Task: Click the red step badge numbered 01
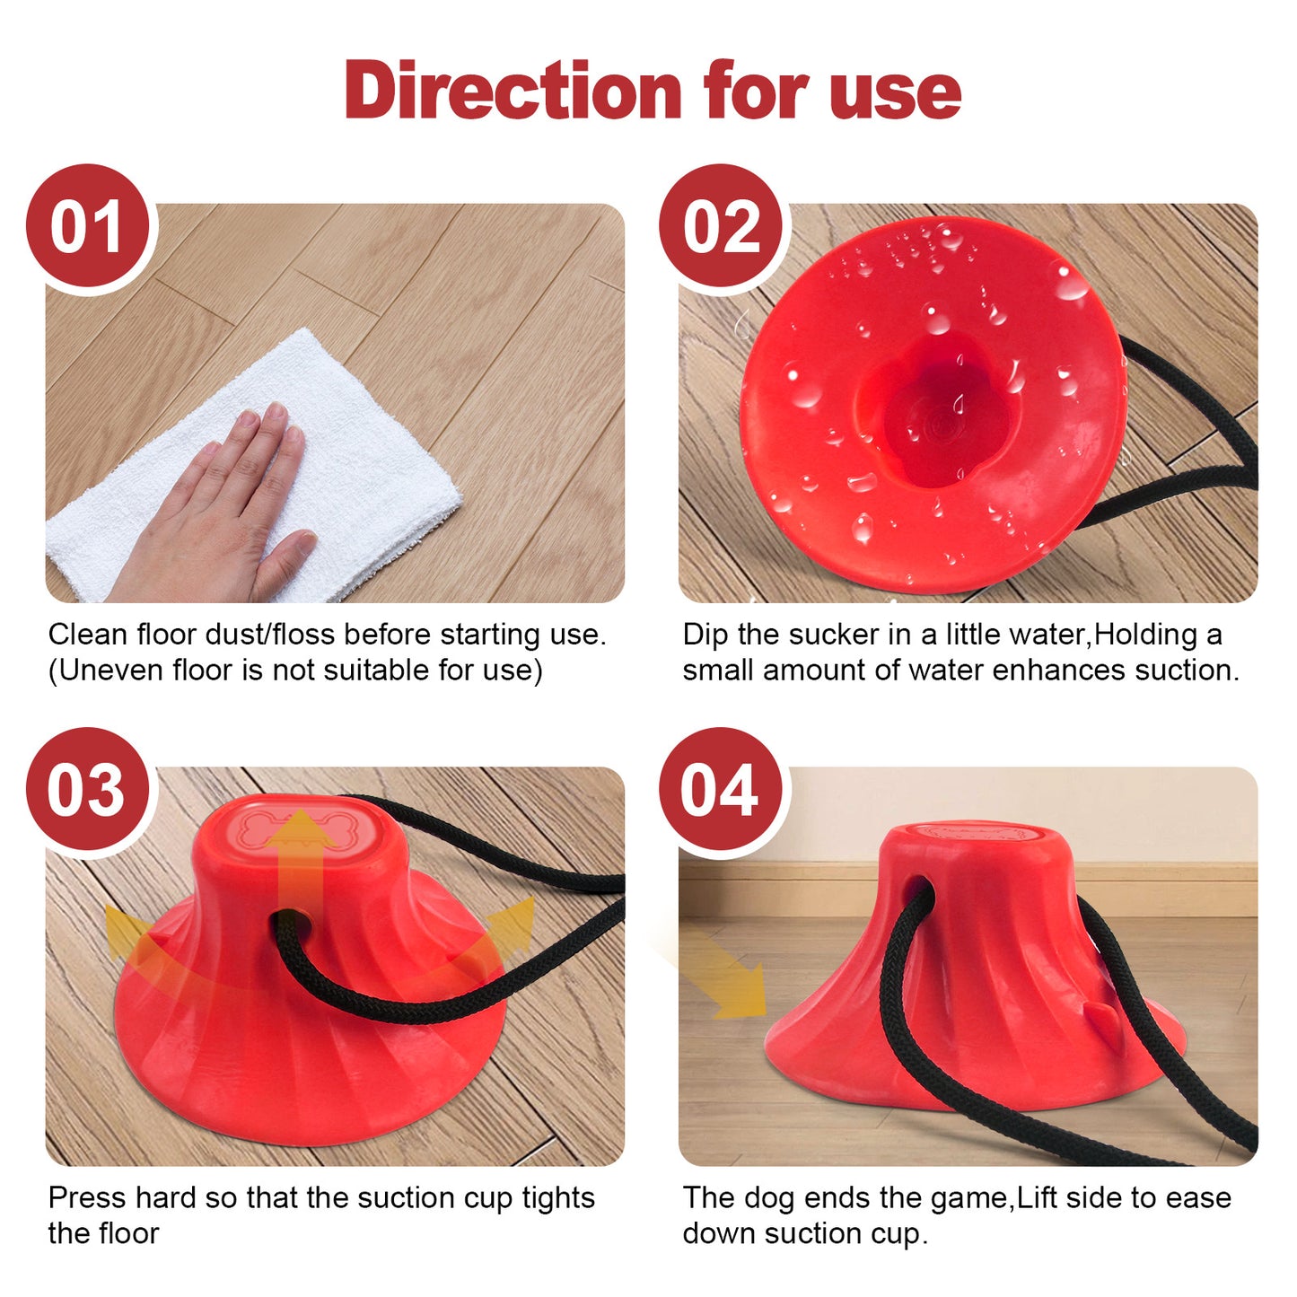[87, 227]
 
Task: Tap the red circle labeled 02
[721, 227]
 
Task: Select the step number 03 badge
[87, 791]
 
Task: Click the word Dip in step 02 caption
[705, 635]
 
